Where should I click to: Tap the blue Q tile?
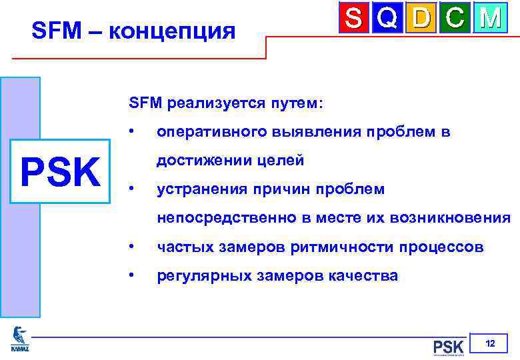[x=389, y=18]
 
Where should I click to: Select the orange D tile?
[x=422, y=18]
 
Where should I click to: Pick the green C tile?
[x=455, y=18]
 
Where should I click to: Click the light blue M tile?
[x=490, y=18]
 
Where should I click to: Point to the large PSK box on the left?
[x=61, y=172]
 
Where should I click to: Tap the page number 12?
[x=490, y=344]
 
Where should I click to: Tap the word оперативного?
[x=211, y=133]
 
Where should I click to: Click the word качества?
[x=367, y=275]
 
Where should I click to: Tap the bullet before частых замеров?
[x=134, y=247]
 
